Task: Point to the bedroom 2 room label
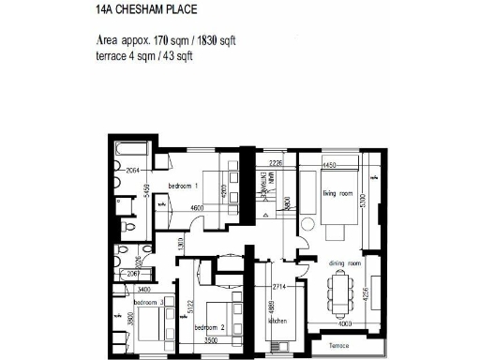[210, 328]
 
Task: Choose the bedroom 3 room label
[148, 303]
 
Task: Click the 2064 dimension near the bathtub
[133, 171]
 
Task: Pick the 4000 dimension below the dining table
[345, 324]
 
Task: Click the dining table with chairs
[344, 293]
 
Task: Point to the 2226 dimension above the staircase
[275, 163]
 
